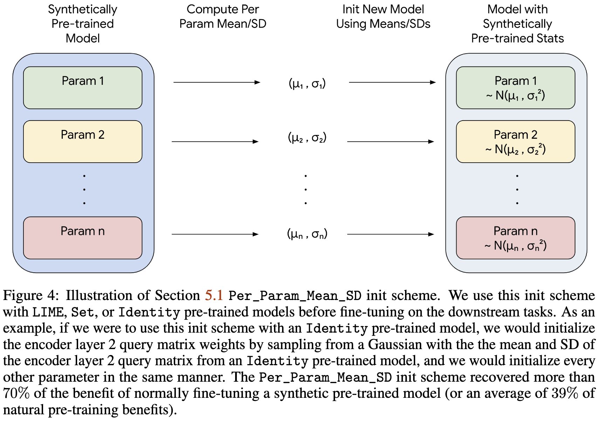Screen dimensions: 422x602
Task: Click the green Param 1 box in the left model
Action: (x=83, y=88)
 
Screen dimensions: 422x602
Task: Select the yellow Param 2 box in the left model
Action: (x=83, y=142)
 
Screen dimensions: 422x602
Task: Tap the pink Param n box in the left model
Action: (x=83, y=238)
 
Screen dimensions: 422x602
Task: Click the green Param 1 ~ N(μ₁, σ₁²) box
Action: (x=515, y=88)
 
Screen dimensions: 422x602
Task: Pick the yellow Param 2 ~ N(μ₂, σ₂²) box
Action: (x=515, y=142)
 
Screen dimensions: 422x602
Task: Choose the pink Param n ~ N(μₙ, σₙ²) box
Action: (x=515, y=238)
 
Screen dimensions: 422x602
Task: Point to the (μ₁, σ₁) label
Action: (x=307, y=84)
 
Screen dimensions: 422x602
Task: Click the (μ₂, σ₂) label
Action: (x=307, y=138)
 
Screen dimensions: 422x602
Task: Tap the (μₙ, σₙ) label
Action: (x=307, y=234)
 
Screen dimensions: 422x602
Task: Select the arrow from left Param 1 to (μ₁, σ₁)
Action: (x=217, y=82)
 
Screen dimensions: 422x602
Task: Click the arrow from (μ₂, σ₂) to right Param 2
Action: (x=390, y=142)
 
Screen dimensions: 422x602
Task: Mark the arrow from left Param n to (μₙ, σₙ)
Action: (x=215, y=234)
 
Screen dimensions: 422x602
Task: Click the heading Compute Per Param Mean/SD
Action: (x=223, y=16)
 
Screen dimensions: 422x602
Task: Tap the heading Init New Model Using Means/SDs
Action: (x=383, y=16)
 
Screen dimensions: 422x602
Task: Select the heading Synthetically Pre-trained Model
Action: (x=83, y=23)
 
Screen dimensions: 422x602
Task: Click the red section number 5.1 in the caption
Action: (x=214, y=295)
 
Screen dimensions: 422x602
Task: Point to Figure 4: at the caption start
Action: (x=29, y=295)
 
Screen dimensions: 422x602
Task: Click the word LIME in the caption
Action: (x=48, y=312)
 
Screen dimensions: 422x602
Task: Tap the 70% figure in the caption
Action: (x=16, y=393)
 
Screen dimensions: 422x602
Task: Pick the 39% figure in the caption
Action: (x=565, y=393)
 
